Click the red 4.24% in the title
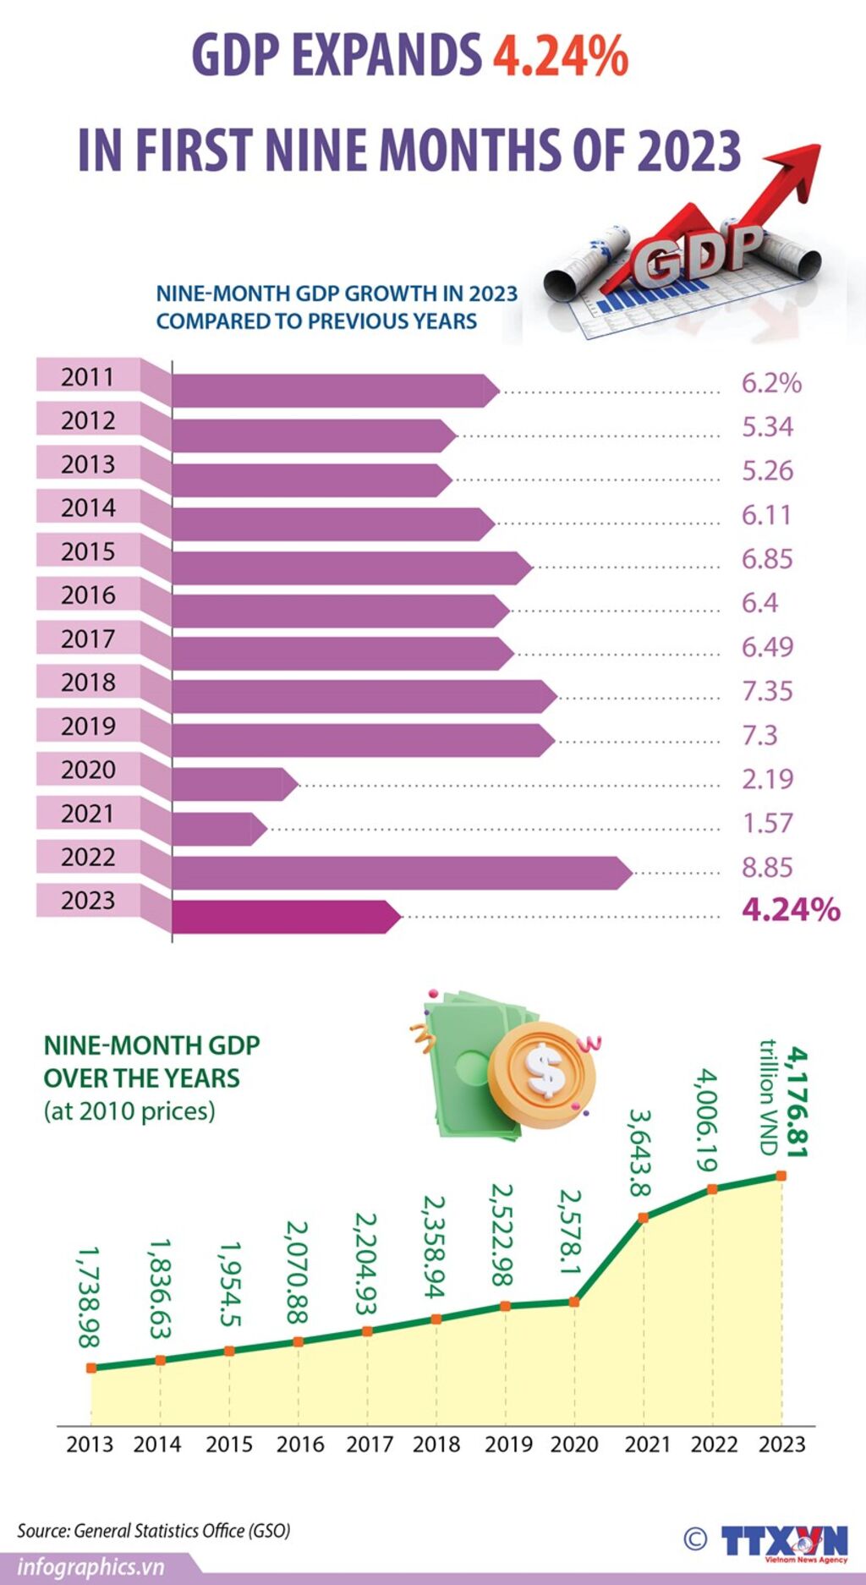[x=560, y=56]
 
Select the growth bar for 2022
[x=397, y=872]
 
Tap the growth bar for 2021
[x=216, y=829]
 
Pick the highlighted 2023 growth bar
[x=283, y=917]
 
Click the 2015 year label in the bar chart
[x=87, y=551]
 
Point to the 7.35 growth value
[x=767, y=691]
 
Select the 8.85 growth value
[x=767, y=867]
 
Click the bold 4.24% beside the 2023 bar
[x=791, y=909]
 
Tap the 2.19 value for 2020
[x=767, y=779]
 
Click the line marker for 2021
[x=643, y=1217]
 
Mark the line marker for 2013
[x=91, y=1367]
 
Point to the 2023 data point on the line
[x=781, y=1176]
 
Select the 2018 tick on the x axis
[x=436, y=1444]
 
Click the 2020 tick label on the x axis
[x=574, y=1444]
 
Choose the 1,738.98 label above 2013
[x=89, y=1297]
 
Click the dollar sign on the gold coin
[x=544, y=1071]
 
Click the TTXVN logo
[x=783, y=1541]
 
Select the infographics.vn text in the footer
[x=90, y=1567]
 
